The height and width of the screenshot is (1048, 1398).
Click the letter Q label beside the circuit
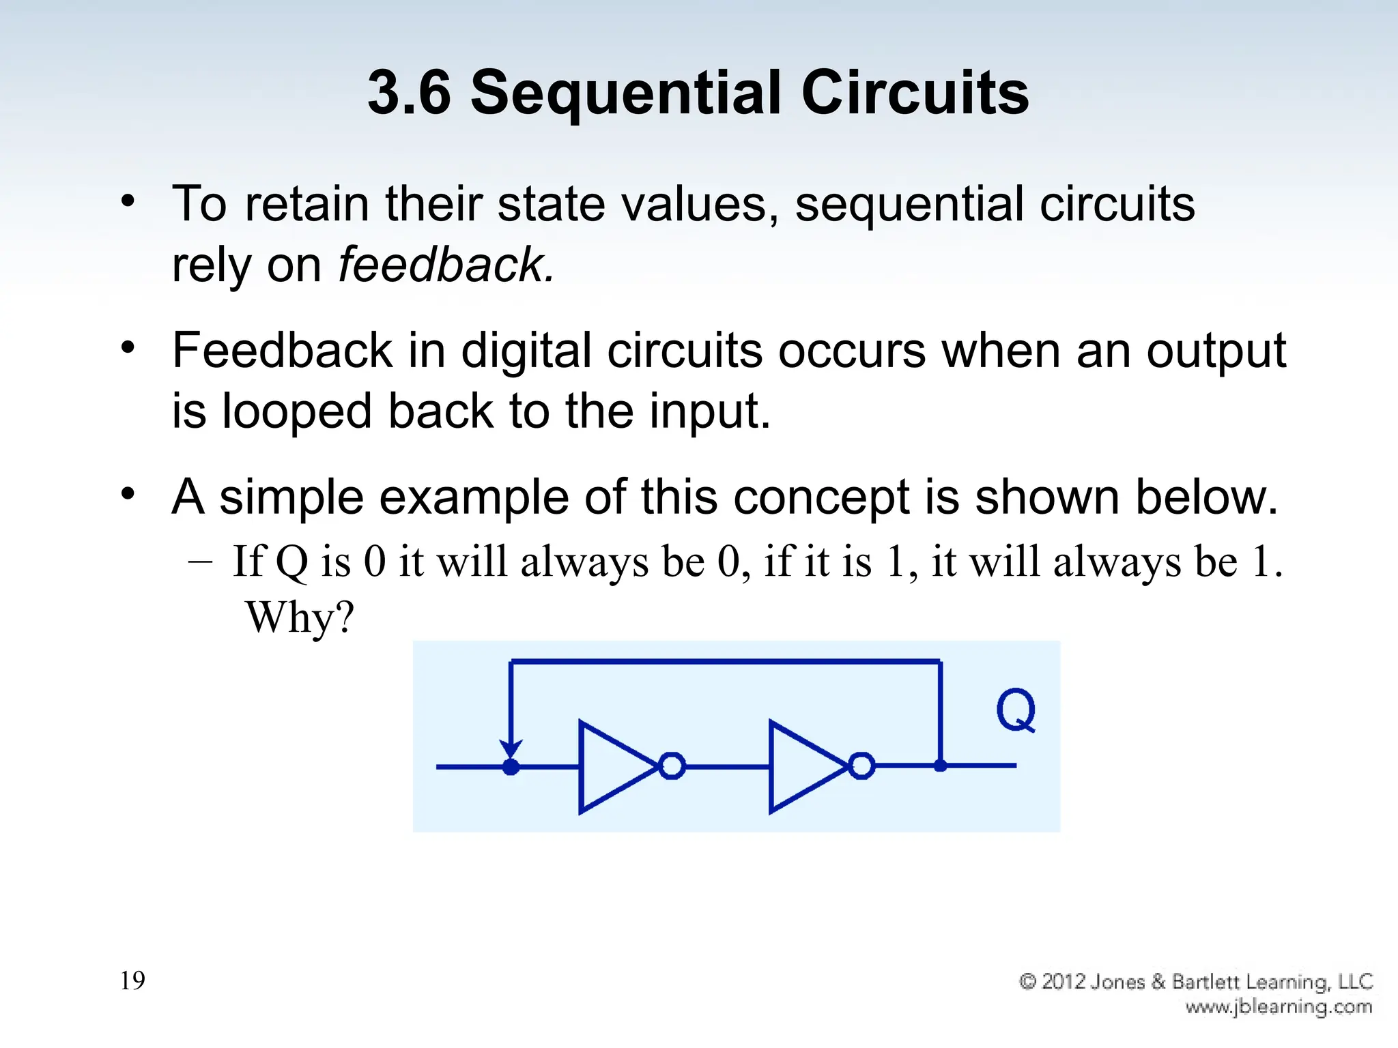click(x=1015, y=710)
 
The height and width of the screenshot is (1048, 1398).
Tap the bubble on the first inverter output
click(x=672, y=766)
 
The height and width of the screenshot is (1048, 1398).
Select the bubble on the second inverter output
click(x=861, y=766)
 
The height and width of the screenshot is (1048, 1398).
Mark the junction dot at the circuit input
click(x=511, y=767)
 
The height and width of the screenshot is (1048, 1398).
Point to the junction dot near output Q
click(x=940, y=766)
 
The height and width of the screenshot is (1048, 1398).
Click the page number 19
click(x=132, y=980)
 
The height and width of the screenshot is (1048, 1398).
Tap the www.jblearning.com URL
click(x=1279, y=1006)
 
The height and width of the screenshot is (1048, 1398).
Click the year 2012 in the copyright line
click(x=1064, y=982)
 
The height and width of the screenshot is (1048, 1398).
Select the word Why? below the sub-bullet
click(x=300, y=617)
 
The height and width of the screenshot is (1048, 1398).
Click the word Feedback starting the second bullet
click(x=282, y=351)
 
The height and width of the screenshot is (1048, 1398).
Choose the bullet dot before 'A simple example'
click(x=128, y=493)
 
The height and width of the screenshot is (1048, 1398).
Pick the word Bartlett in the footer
click(x=1206, y=982)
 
